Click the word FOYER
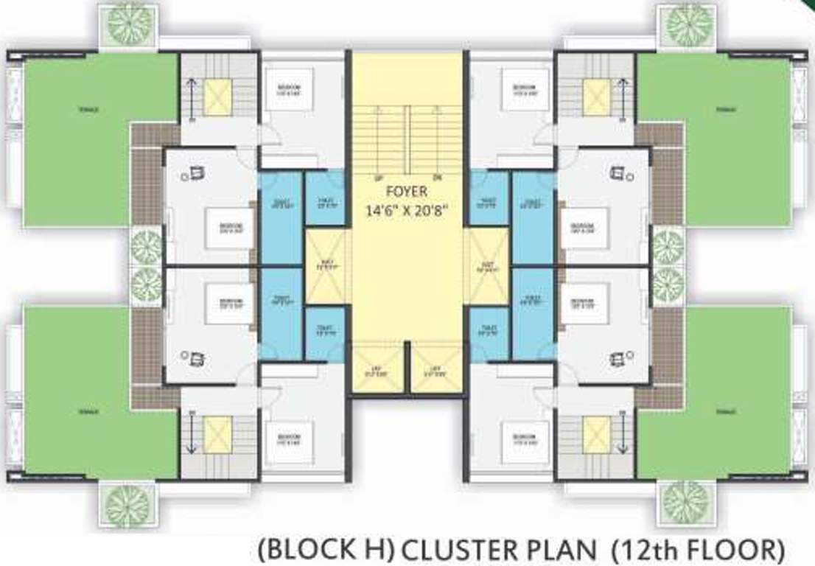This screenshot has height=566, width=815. click(x=406, y=193)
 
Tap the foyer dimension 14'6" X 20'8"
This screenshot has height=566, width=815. click(x=407, y=209)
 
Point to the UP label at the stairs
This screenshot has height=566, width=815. click(x=379, y=178)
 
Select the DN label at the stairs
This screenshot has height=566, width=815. click(x=437, y=178)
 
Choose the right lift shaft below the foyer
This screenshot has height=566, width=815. click(x=436, y=369)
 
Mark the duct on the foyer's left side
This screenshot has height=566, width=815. click(x=324, y=265)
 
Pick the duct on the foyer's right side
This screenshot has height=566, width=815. click(x=489, y=265)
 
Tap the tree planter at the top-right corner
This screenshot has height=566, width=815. click(x=689, y=24)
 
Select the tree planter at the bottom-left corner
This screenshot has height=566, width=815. click(x=127, y=504)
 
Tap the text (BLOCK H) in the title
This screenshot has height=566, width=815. click(x=326, y=549)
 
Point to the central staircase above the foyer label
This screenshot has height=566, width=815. click(x=407, y=136)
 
